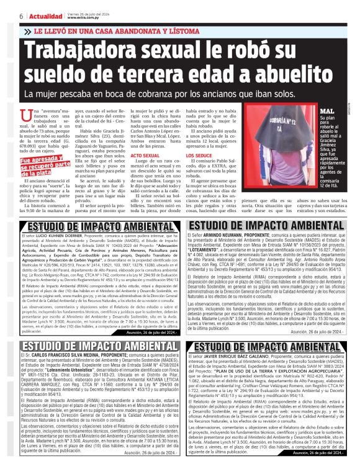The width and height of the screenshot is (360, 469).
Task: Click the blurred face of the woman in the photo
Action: pyautogui.click(x=276, y=122)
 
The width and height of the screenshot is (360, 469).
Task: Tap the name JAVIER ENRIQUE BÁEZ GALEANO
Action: pyautogui.click(x=238, y=357)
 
